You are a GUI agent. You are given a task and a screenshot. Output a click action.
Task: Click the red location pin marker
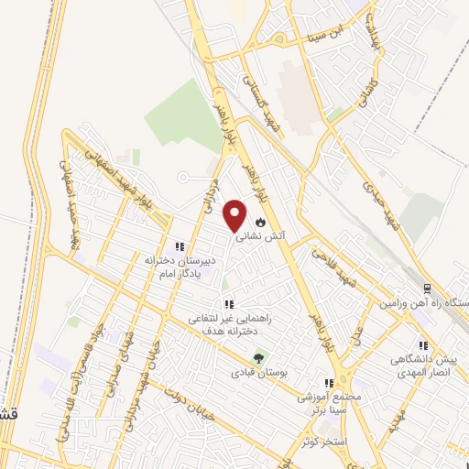tap(235, 214)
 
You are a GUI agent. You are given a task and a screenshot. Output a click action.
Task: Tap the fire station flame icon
tap(261, 222)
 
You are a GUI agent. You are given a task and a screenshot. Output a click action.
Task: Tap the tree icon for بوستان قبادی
tap(260, 358)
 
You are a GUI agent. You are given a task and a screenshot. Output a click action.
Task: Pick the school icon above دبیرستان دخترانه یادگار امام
tap(180, 246)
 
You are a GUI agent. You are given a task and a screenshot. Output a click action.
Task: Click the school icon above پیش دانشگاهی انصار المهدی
tap(423, 345)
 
